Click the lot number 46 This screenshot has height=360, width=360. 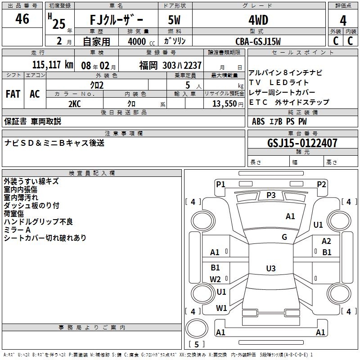click(x=22, y=19)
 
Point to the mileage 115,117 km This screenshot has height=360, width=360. click(x=53, y=65)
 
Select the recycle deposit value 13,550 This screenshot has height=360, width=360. click(x=224, y=103)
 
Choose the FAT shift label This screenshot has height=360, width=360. click(x=13, y=94)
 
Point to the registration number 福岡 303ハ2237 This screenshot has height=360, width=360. click(x=170, y=65)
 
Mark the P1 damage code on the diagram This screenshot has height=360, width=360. click(x=220, y=184)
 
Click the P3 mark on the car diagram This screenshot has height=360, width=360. click(x=271, y=195)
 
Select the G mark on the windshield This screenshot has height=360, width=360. click(x=284, y=237)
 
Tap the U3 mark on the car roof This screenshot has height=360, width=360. click(x=270, y=269)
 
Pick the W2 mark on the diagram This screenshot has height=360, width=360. click(x=215, y=279)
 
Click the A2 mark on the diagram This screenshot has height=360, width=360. click(x=326, y=242)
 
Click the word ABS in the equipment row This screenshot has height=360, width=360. click(x=258, y=121)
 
